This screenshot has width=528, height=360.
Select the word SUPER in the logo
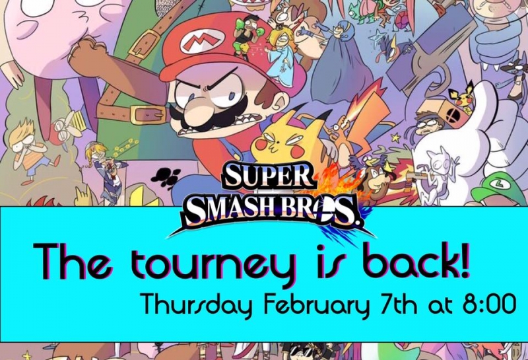point(268,176)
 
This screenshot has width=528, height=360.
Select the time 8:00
point(490,303)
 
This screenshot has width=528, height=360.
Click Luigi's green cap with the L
point(498,189)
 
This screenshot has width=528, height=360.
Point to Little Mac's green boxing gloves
point(248,28)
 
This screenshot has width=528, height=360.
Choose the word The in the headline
point(72,260)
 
